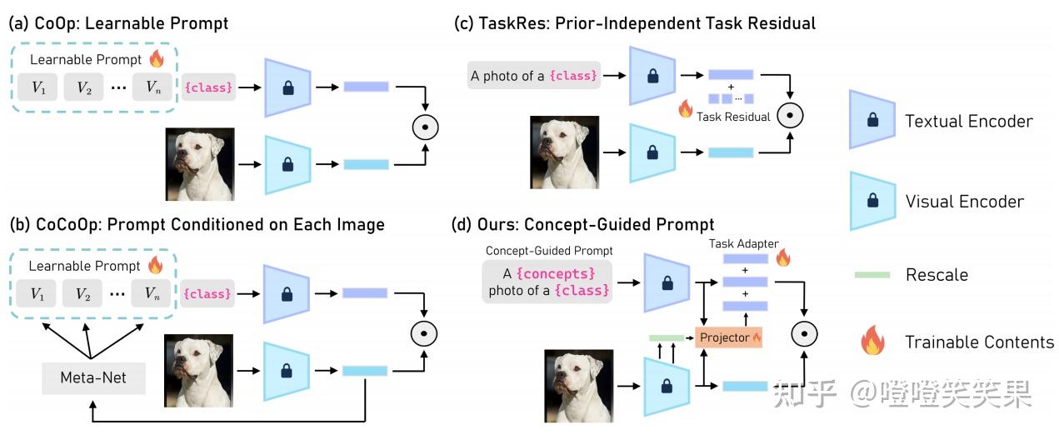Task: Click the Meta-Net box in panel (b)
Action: [93, 377]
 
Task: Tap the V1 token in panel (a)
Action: [38, 87]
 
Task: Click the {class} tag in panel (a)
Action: [207, 87]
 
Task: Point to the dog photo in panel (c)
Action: [564, 152]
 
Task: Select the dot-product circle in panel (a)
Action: [425, 127]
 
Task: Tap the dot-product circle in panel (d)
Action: [803, 335]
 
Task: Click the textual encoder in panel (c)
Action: [656, 76]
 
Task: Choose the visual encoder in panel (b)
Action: [287, 371]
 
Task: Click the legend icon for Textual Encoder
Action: [872, 120]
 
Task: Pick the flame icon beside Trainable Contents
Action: [872, 341]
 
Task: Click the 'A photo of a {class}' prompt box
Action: [533, 76]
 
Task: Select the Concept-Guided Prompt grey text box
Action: [546, 281]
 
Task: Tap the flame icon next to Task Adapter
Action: [782, 257]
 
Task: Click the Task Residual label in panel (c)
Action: [733, 117]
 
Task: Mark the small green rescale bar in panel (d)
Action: [666, 337]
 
